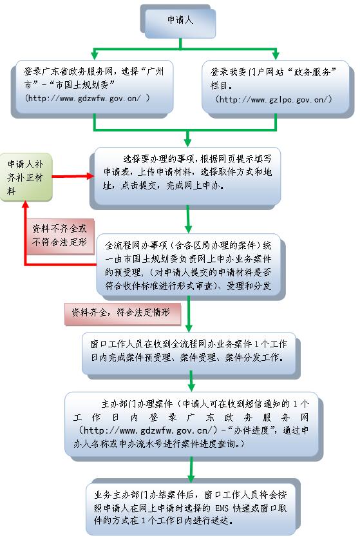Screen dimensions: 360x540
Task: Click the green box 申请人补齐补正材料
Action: (26, 177)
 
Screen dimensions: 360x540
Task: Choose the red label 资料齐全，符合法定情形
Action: (122, 313)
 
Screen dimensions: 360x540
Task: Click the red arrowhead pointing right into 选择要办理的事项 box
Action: (91, 177)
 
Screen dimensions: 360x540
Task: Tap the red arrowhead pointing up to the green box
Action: (25, 204)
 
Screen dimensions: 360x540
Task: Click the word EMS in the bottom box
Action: (222, 508)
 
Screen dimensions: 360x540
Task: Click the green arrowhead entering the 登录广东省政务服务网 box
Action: (94, 55)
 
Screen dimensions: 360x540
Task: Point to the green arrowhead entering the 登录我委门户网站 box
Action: (276, 55)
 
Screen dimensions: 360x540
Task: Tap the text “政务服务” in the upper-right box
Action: (311, 72)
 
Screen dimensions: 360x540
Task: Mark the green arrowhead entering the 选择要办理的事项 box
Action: (187, 142)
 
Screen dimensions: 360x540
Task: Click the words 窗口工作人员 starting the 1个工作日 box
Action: (117, 344)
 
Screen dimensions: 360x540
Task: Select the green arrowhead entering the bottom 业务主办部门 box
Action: (191, 478)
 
